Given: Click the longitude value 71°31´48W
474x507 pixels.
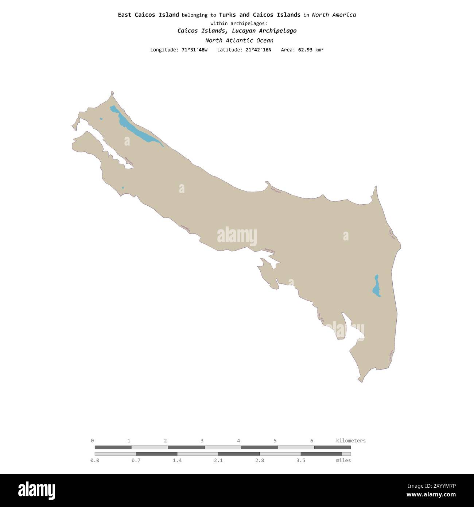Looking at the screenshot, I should coord(194,50).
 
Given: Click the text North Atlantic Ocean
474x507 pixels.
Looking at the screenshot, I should coord(239,40).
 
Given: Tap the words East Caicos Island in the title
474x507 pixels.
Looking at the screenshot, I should coord(148,15).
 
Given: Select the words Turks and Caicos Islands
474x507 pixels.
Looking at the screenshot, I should coord(260,15).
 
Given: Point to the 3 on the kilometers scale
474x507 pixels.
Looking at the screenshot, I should coord(202,441).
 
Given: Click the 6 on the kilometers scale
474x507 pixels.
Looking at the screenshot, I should coord(312,441).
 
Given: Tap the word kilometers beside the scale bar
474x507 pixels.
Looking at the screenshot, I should coord(350,441).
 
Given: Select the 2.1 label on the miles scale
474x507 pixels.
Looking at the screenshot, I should coord(218,460).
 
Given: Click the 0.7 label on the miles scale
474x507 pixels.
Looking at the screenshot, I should coord(136,460).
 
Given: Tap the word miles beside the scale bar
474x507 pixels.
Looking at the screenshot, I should coord(343,460).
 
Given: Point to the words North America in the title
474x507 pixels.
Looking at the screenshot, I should coord(334,15).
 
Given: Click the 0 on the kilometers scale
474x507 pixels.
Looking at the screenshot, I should coord(92,441).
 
